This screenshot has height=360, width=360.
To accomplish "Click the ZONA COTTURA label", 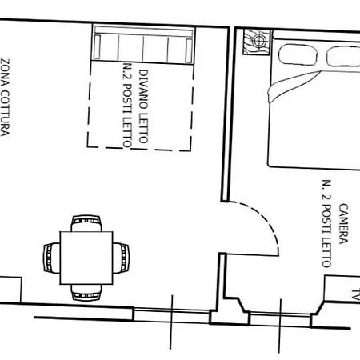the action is pos(5,98).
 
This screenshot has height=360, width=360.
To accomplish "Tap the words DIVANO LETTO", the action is pos(143,106).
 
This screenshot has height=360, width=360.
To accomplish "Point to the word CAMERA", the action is pos(343,223).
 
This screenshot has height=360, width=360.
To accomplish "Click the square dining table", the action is pos(86,258).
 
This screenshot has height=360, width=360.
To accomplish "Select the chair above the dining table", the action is pos(86,223).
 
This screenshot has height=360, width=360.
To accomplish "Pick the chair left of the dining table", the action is pos(52,258).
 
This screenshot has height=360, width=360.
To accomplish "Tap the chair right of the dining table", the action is pos(121,258).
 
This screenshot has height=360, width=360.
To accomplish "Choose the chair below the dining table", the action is pos(86,292).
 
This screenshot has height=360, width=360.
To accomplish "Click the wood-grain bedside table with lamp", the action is pos(257,42).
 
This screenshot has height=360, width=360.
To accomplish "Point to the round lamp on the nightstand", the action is pos(258,42).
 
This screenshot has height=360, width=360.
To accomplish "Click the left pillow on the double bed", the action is pos(298,54).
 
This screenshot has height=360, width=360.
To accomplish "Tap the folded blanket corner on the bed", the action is pos(290,86).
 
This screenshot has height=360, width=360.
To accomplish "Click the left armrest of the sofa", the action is pos(98,46).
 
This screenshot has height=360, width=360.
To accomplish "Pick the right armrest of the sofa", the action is pos(189,50).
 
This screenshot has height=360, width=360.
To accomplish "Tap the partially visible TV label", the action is pos(356,294).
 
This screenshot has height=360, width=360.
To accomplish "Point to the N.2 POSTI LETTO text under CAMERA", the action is pos(327,223).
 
